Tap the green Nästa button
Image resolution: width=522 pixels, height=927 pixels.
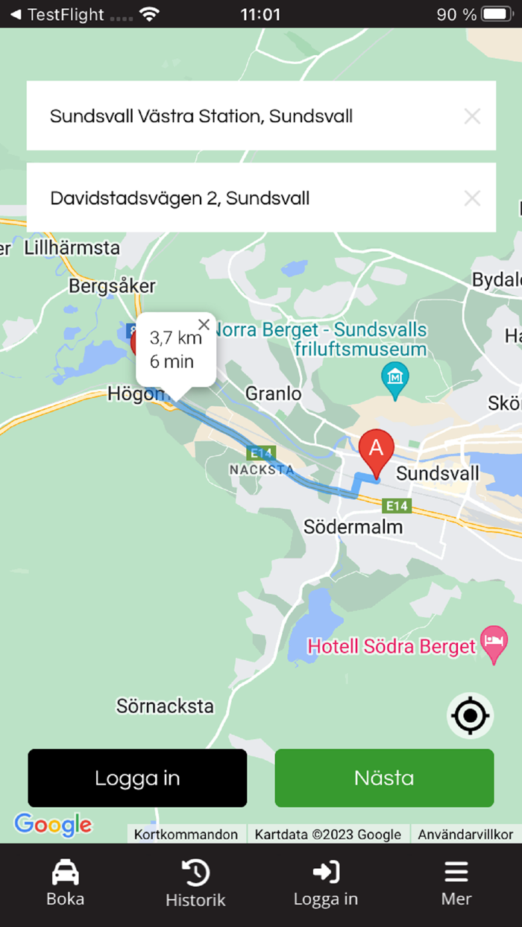click(384, 778)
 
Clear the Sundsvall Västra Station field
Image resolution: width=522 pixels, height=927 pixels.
click(472, 116)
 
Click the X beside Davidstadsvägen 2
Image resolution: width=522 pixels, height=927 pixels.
click(472, 198)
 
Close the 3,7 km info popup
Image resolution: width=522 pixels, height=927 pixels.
click(204, 324)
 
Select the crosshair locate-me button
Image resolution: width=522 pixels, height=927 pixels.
click(470, 716)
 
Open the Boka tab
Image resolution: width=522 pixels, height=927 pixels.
click(66, 882)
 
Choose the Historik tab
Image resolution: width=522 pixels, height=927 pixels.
click(195, 882)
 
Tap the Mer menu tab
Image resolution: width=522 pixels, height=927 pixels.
click(456, 882)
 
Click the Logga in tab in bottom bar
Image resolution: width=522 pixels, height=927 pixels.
click(326, 882)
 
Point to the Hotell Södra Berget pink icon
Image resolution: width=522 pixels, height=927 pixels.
click(494, 643)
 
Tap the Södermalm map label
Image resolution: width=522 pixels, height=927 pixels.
click(353, 527)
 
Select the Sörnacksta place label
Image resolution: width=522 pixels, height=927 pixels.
click(165, 706)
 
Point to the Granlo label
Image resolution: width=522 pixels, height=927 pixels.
click(274, 393)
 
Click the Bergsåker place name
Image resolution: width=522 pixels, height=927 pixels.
click(112, 285)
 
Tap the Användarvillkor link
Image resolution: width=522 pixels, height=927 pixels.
click(465, 835)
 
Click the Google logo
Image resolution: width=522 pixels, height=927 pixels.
click(53, 824)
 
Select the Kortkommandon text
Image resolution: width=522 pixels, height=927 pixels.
click(186, 835)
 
